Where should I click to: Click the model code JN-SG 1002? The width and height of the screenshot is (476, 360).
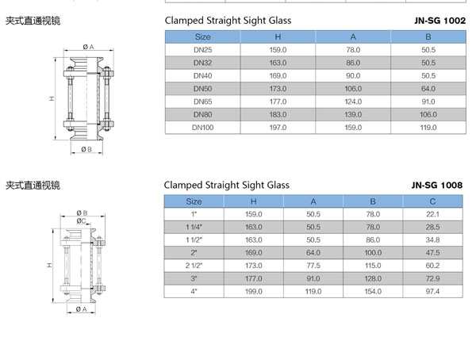pos(440,21)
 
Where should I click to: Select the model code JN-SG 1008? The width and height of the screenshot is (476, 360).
pos(437,186)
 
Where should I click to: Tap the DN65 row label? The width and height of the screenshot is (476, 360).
pos(203,101)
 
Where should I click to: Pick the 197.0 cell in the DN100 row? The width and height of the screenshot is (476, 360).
pos(278,128)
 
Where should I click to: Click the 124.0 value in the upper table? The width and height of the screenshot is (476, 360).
pos(353,101)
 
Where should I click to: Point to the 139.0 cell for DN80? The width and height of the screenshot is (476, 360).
pos(353,114)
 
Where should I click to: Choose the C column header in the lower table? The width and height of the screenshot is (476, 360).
pos(432,201)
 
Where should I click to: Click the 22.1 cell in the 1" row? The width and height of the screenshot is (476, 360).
pos(432,214)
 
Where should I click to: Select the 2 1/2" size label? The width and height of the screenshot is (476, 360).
pos(194,266)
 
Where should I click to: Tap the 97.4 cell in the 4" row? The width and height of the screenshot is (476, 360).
pos(432,291)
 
